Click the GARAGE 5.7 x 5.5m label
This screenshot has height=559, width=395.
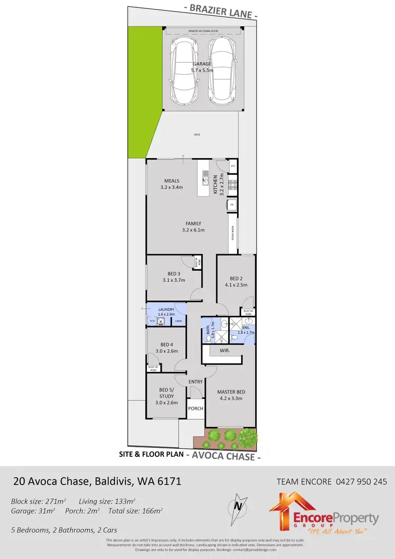[x=202, y=67]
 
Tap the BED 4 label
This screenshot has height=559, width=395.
[x=166, y=348]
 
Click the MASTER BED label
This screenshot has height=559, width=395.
[x=231, y=395]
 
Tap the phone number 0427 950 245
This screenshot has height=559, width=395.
[x=361, y=481]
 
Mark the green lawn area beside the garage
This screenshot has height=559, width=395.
[x=145, y=90]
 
